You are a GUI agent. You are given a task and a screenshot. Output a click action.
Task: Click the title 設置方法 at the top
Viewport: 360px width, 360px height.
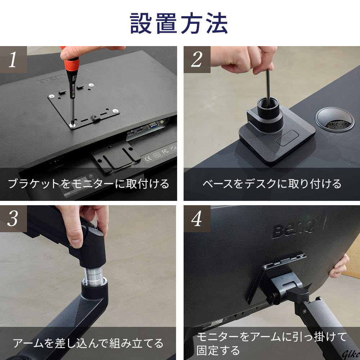tap(179, 23)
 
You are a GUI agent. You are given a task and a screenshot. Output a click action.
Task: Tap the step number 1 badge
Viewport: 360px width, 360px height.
tap(13, 59)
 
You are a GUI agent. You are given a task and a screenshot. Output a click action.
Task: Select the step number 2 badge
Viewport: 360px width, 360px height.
tap(197, 59)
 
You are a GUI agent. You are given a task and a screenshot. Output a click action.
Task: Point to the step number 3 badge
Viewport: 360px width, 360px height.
tap(13, 219)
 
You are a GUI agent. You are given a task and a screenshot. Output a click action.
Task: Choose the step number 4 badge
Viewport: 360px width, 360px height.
tap(197, 219)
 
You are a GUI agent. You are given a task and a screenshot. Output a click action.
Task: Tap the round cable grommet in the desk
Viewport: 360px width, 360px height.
tap(334, 120)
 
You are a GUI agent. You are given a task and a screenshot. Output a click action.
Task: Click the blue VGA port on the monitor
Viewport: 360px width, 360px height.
tap(153, 125)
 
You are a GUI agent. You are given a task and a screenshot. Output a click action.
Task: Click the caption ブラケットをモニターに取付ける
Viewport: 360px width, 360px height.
tap(89, 184)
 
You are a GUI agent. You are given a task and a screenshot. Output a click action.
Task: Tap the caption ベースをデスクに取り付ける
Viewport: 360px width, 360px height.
tap(272, 184)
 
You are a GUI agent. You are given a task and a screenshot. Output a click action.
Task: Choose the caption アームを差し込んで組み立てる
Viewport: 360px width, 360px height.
tap(88, 343)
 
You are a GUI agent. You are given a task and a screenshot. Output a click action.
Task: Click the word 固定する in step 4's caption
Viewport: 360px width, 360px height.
tap(218, 350)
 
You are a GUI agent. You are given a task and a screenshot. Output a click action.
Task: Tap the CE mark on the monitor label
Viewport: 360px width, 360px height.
tap(148, 158)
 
